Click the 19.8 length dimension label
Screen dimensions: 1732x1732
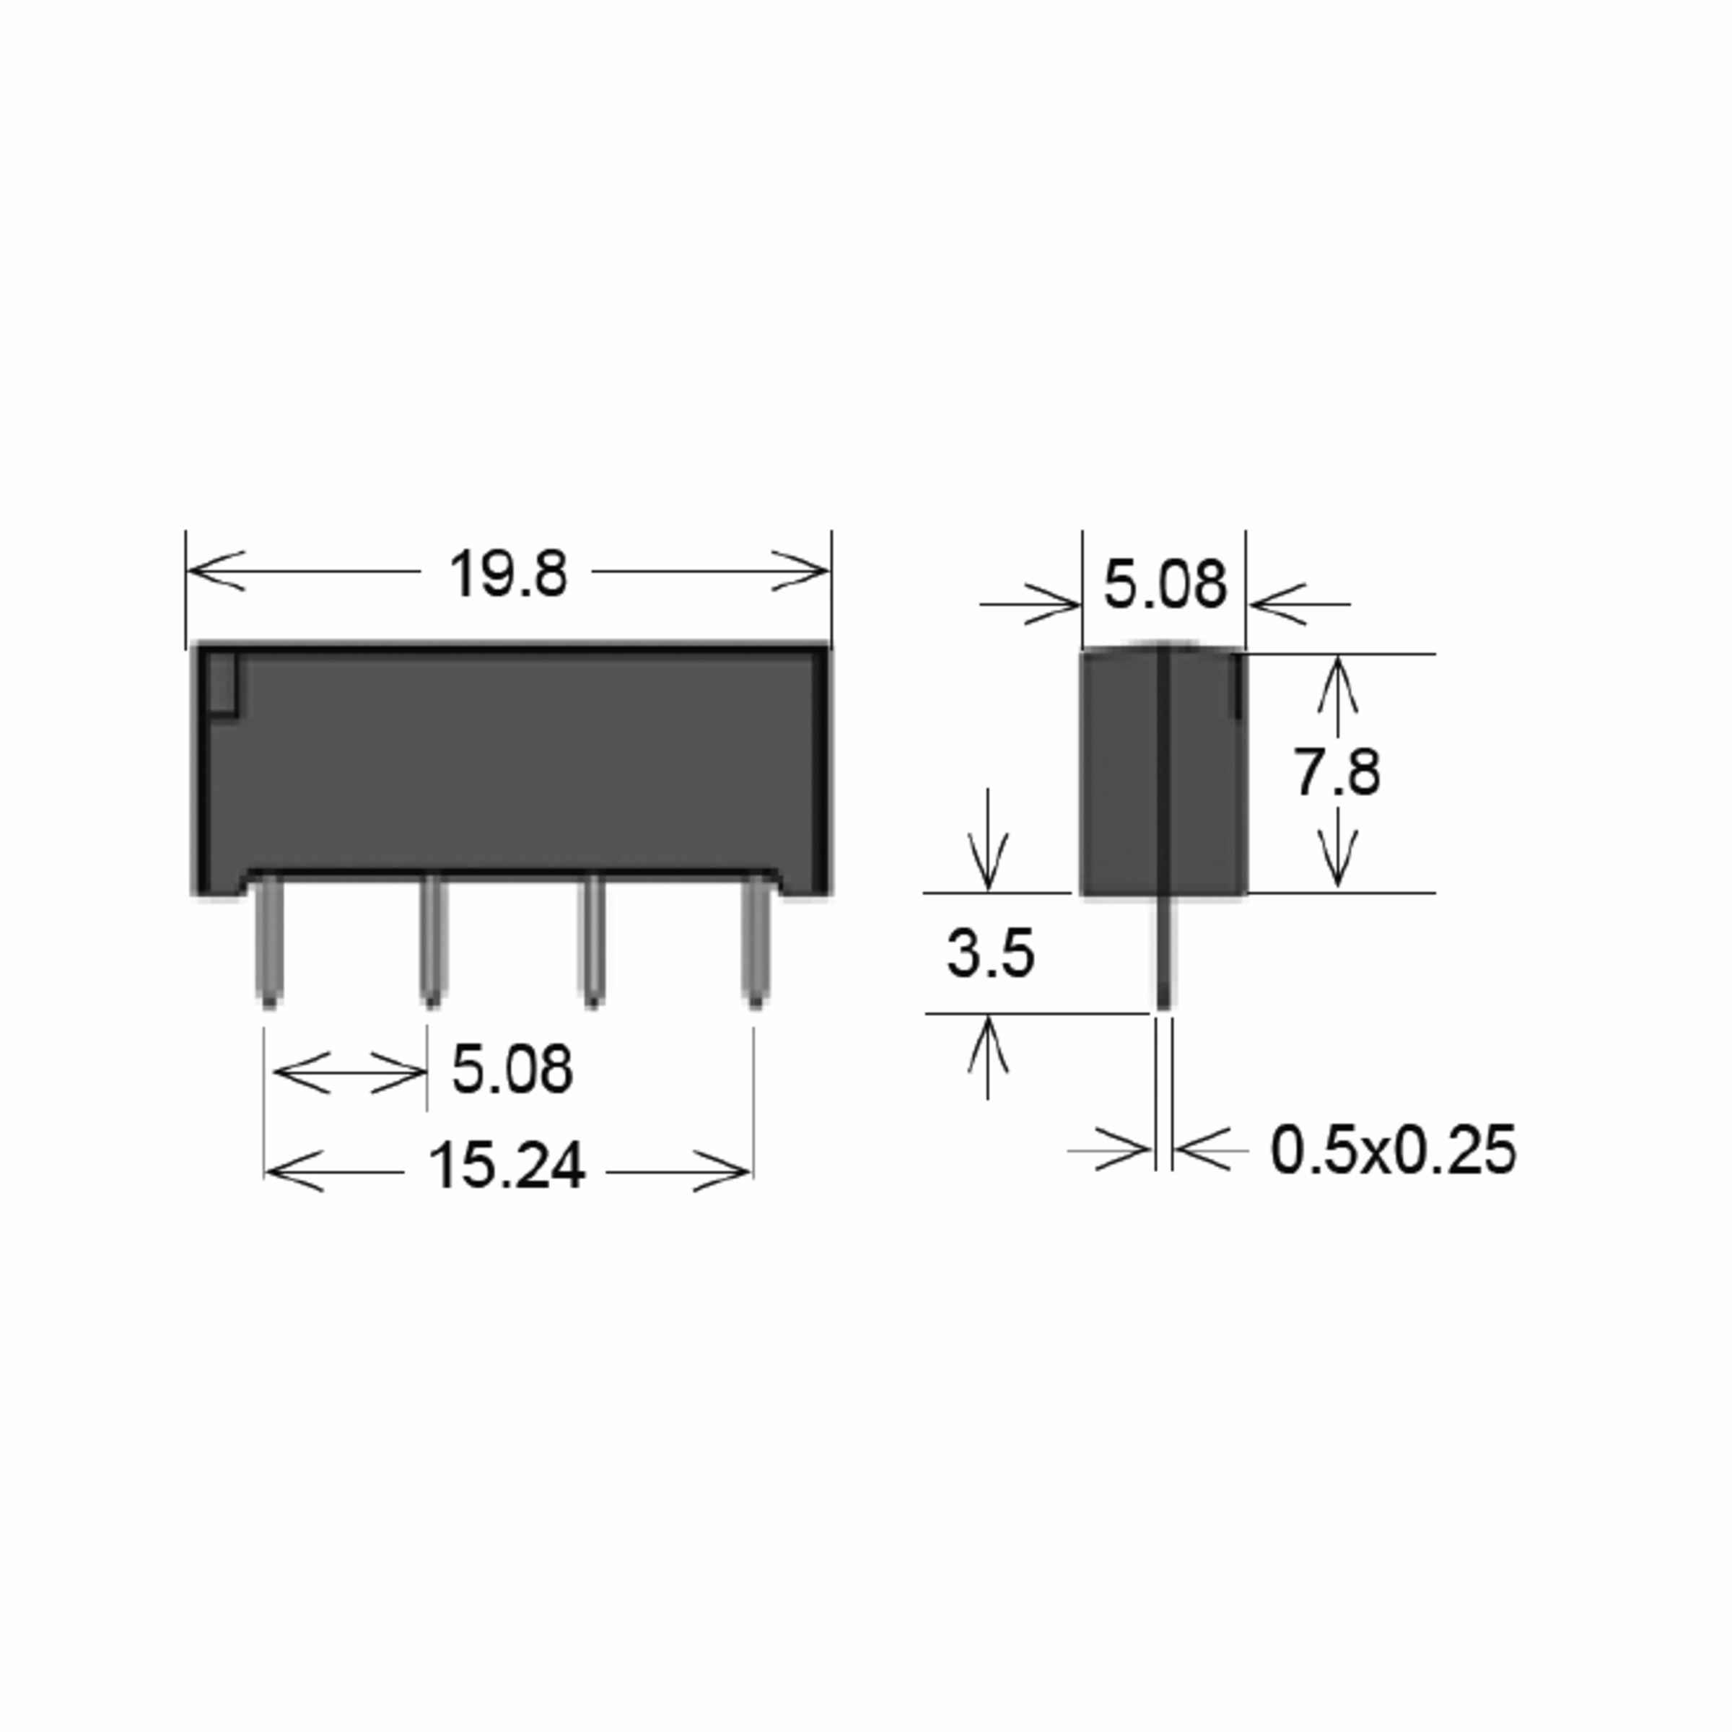(x=507, y=574)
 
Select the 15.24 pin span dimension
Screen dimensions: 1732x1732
(x=507, y=1166)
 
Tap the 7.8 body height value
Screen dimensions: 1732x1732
(x=1336, y=773)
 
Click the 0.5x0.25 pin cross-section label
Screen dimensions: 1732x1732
(x=1393, y=1150)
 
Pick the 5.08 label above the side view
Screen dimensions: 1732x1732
(x=1163, y=585)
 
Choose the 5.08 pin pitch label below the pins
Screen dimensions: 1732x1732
(x=511, y=1069)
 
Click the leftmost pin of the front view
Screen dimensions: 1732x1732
(x=269, y=941)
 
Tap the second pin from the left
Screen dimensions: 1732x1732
(x=432, y=941)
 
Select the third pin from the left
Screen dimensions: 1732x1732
(x=592, y=941)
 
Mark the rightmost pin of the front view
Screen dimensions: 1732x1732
(x=756, y=941)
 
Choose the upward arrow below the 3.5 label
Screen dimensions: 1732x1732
(x=988, y=1044)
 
